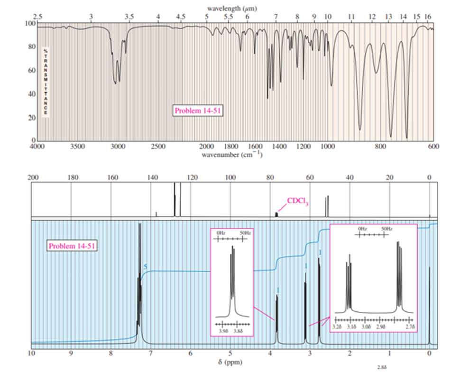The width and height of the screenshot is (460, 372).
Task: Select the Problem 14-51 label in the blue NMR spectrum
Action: [x=73, y=246]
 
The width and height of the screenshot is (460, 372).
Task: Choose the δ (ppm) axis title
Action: [x=230, y=363]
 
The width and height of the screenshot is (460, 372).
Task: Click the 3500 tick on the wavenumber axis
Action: [x=78, y=147]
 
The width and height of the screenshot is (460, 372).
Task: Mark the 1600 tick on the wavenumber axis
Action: [x=255, y=147]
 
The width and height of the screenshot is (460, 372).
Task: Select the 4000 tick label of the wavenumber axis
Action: [x=37, y=147]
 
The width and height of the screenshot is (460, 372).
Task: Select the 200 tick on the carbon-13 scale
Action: [x=32, y=177]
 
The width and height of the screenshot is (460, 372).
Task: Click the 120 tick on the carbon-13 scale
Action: [x=191, y=177]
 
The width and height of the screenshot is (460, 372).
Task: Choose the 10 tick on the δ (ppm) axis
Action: [x=32, y=353]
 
